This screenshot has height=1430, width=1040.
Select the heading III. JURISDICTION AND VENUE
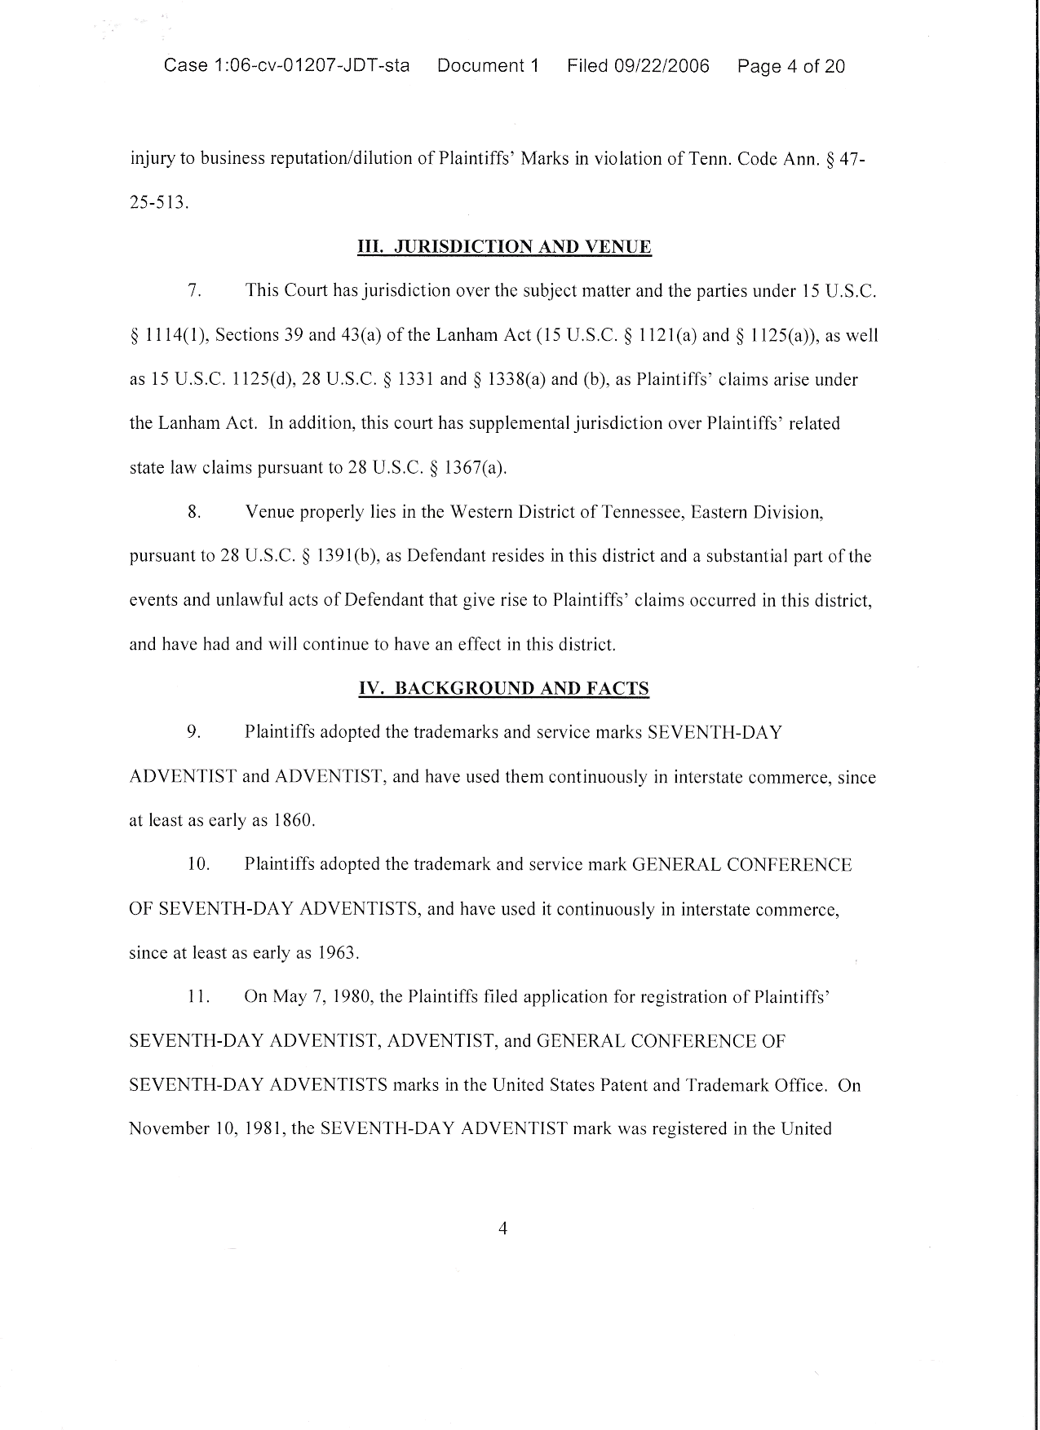504,247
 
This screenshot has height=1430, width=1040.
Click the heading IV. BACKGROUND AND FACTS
504,689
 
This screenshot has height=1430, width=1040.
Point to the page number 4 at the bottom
502,1229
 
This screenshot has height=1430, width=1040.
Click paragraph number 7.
193,291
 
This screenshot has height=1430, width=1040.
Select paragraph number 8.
194,513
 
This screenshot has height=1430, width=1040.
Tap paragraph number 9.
194,732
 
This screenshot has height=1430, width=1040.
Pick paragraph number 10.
198,864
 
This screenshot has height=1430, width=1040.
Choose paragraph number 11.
199,997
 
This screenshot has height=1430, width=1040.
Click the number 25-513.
159,203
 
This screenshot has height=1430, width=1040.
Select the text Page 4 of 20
790,66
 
